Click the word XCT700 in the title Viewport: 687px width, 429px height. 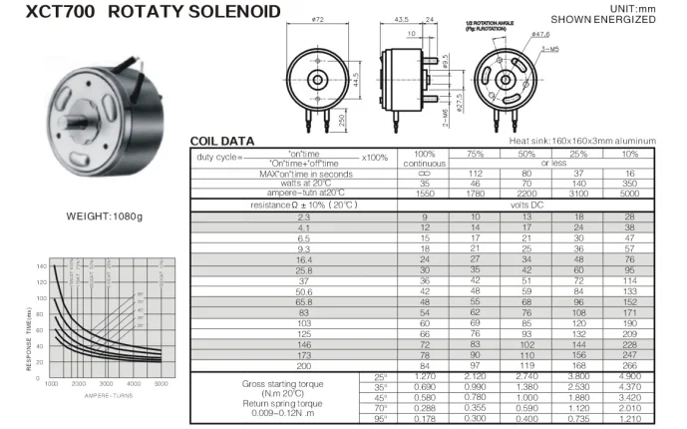44,13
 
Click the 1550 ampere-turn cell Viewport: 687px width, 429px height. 424,194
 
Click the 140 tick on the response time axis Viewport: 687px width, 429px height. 41,267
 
